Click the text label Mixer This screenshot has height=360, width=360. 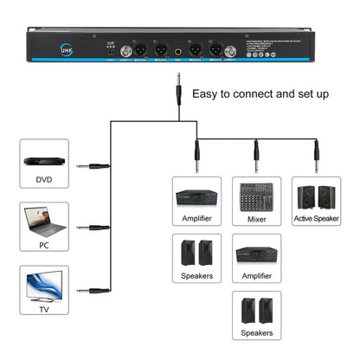pos(255,220)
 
